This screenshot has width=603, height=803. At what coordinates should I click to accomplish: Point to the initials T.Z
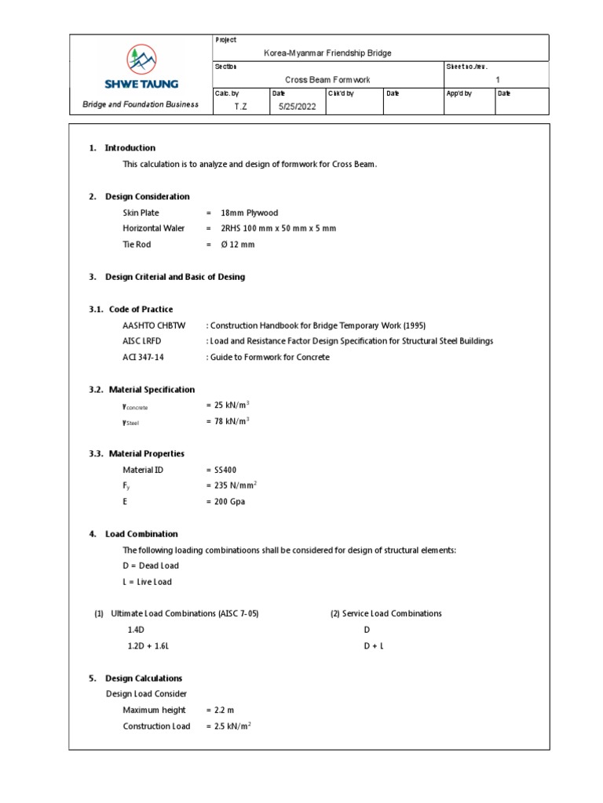click(x=240, y=107)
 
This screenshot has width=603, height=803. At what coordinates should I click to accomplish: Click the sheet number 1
click(x=498, y=80)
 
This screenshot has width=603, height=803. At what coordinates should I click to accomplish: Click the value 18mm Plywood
click(x=249, y=213)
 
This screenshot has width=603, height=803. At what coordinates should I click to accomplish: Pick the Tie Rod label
click(x=137, y=245)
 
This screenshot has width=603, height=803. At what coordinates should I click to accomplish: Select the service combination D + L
click(x=373, y=645)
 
